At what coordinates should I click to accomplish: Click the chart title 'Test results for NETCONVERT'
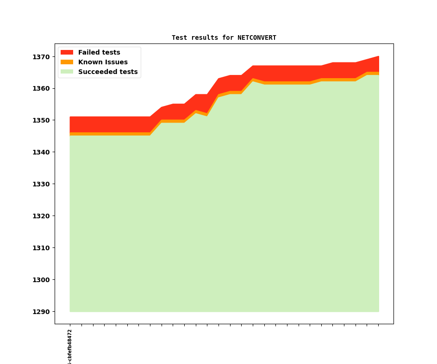coord(224,38)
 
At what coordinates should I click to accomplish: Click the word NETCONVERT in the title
coord(256,38)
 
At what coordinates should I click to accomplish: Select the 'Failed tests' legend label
coord(99,53)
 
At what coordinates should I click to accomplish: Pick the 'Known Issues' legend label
coord(103,62)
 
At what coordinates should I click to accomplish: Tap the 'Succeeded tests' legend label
coord(108,72)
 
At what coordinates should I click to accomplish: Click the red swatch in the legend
coord(67,53)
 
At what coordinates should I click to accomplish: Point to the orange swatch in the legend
coord(67,62)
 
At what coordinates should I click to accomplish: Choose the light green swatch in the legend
coord(67,72)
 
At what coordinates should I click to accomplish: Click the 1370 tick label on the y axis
coord(41,57)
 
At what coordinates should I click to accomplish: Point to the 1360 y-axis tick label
coord(41,89)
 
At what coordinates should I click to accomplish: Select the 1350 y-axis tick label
coord(41,121)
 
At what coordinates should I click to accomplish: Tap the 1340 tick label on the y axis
coord(41,153)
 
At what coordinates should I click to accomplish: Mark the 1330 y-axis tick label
coord(41,185)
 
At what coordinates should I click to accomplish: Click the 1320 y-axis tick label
coord(41,216)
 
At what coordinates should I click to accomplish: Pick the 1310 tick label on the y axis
coord(41,248)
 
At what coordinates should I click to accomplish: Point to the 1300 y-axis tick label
coord(41,280)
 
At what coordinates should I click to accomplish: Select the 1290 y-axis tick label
coord(41,312)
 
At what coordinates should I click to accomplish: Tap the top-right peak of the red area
coord(378,57)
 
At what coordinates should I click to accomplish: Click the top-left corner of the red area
coord(70,117)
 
